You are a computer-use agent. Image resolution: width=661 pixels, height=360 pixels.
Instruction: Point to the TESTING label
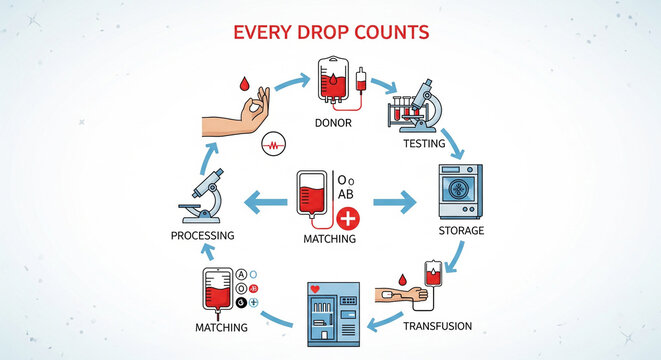pyautogui.click(x=424, y=144)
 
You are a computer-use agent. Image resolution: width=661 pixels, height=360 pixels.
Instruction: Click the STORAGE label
pyautogui.click(x=461, y=231)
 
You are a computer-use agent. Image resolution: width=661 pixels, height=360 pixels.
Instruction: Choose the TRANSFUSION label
pyautogui.click(x=437, y=326)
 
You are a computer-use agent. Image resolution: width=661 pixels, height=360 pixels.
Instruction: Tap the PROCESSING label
pyautogui.click(x=202, y=236)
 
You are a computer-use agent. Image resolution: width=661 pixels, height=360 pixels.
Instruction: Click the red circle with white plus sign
pyautogui.click(x=348, y=219)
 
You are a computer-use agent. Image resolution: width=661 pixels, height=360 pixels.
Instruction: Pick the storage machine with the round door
pyautogui.click(x=460, y=192)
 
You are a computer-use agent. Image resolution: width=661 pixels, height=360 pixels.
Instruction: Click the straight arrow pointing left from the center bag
pyautogui.click(x=267, y=202)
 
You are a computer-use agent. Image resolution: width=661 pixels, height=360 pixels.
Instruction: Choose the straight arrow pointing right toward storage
pyautogui.click(x=395, y=203)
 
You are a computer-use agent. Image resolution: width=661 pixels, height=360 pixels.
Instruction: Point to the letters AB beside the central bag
pyautogui.click(x=346, y=193)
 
